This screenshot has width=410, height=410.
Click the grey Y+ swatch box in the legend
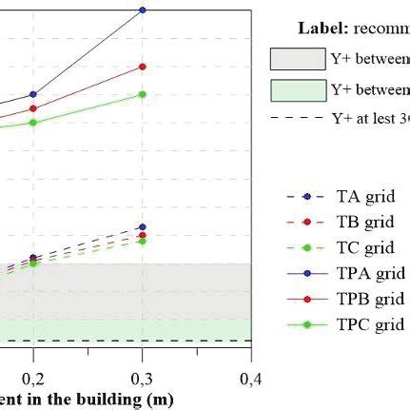(x=297, y=59)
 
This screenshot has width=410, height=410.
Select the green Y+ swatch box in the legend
(x=297, y=90)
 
